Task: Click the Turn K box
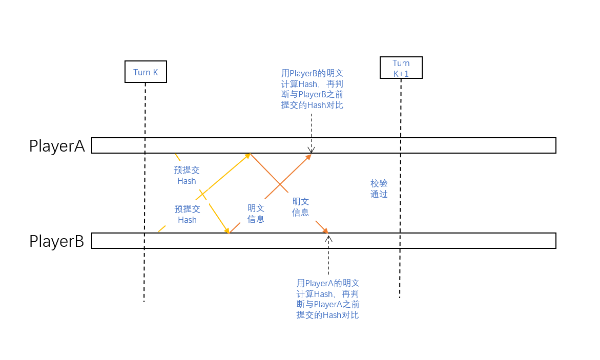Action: click(146, 72)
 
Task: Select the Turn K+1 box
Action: click(401, 68)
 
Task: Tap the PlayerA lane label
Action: click(57, 146)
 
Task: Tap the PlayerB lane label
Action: click(56, 241)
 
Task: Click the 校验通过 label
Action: click(379, 188)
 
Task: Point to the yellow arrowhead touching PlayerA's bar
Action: click(247, 155)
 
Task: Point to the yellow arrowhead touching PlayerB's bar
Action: click(226, 231)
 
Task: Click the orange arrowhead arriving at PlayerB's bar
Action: click(325, 230)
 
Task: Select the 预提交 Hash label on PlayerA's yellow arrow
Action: click(187, 175)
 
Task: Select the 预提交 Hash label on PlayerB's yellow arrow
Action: click(187, 214)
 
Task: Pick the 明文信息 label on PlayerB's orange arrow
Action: click(256, 214)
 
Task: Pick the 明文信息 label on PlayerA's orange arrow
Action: click(301, 207)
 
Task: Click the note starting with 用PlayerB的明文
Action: click(312, 89)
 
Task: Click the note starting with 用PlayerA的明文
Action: click(328, 299)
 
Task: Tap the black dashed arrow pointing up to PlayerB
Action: click(328, 256)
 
